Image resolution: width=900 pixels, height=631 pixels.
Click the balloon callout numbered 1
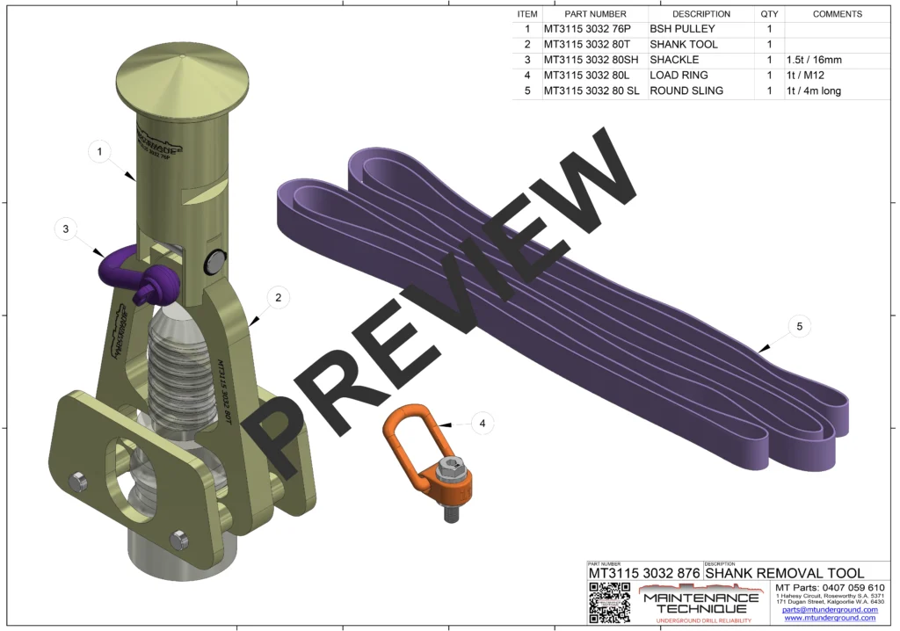[100, 152]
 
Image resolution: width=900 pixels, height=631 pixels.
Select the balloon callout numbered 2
[278, 297]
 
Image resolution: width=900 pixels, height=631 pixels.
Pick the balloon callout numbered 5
[799, 326]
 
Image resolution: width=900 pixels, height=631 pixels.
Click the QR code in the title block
[609, 603]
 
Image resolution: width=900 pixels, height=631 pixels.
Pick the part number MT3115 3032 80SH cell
[595, 60]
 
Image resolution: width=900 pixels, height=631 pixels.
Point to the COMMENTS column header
[837, 14]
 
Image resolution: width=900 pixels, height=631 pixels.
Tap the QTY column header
[769, 14]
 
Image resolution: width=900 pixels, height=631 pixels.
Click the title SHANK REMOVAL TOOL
[784, 573]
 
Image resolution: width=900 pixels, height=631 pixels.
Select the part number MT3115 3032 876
[643, 573]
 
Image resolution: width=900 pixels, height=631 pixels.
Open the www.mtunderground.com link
[831, 618]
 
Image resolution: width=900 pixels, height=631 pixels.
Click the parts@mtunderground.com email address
[830, 609]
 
